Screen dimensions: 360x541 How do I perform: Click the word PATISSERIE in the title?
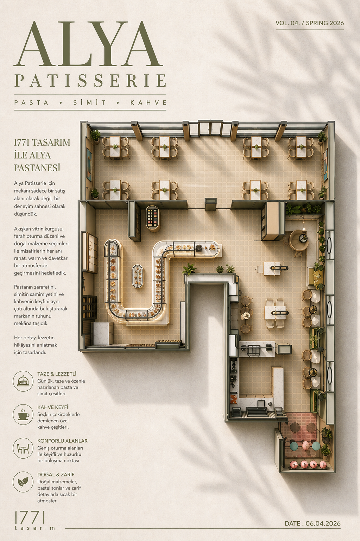tap(90, 81)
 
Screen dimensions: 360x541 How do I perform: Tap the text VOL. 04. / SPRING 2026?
tap(310, 23)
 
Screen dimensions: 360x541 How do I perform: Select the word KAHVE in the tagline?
tap(148, 103)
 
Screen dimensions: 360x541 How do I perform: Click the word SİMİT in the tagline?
tap(89, 102)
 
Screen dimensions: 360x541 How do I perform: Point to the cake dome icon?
tap(23, 381)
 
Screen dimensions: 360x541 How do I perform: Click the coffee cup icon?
tap(23, 414)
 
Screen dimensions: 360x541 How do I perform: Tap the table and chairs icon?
tap(23, 448)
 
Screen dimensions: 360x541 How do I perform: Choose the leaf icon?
tap(23, 482)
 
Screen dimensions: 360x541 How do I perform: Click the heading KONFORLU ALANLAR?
tap(62, 441)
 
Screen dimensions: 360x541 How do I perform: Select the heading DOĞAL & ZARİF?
tap(56, 474)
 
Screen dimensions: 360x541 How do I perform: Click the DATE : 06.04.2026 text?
tap(313, 523)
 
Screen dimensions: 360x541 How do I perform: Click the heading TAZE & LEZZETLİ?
tap(57, 374)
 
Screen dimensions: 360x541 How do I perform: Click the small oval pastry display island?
tap(138, 277)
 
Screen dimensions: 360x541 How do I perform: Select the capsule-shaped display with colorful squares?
tap(153, 219)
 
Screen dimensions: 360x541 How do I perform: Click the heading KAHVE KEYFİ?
tap(53, 407)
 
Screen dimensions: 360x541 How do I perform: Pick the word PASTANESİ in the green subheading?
tap(37, 168)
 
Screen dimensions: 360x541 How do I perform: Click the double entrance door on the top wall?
tap(210, 128)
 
